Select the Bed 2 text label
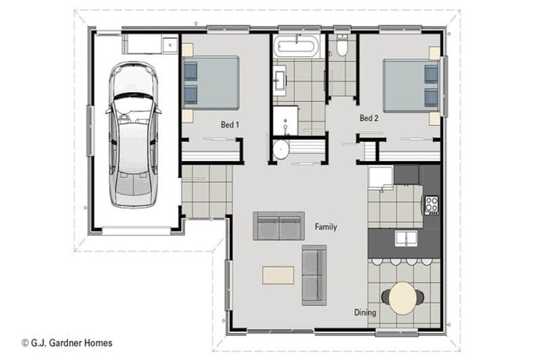coord(369,118)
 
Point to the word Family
coord(326,227)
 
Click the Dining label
coord(365,313)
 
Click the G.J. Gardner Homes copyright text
coord(67,344)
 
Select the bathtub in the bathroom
coord(295,48)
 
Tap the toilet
coord(342,46)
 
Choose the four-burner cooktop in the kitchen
coord(430,205)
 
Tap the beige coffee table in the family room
coord(278,274)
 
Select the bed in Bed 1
coord(212,83)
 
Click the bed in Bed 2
coord(411,84)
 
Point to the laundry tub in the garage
coord(169,46)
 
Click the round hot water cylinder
coord(281,150)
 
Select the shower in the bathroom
coord(285,120)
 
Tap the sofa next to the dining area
coord(314,275)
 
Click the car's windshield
coord(132,108)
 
